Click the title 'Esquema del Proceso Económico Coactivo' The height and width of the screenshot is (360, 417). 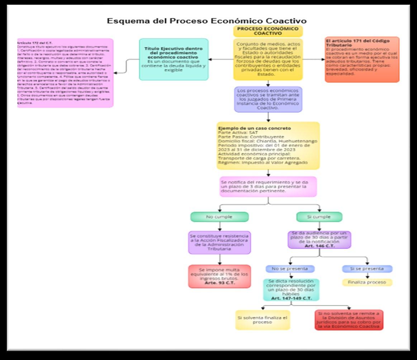point(207,21)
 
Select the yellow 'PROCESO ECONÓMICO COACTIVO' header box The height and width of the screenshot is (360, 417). point(268,31)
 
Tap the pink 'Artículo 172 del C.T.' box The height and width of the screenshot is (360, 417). point(66,73)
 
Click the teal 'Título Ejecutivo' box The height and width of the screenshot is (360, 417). point(174,59)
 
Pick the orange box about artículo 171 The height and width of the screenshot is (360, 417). point(362,60)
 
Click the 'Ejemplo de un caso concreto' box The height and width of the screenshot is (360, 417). point(268,145)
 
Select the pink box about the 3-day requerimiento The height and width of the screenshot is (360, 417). point(268,186)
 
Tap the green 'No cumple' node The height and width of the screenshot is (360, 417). point(219,217)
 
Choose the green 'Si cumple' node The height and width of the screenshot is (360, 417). point(319,217)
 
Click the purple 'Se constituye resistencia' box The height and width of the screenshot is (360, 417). point(219,242)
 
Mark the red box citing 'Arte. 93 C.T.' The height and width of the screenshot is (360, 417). point(219,276)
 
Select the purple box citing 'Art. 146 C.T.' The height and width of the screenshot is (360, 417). point(319,240)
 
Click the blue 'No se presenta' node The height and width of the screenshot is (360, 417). point(290,268)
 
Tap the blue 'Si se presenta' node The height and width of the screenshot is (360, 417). point(367,268)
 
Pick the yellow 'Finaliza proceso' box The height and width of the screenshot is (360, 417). point(367,282)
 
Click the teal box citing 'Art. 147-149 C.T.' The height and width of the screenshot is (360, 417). point(291,289)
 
